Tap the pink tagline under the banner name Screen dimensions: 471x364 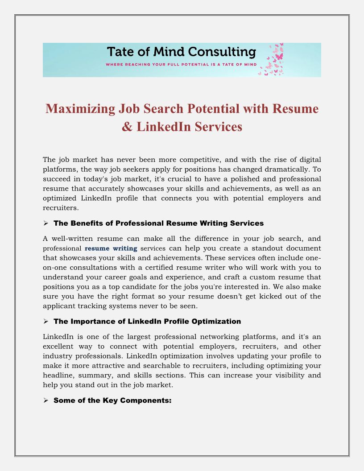[x=181, y=65]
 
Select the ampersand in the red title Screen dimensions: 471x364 [x=127, y=127]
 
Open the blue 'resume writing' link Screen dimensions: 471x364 [x=111, y=248]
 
